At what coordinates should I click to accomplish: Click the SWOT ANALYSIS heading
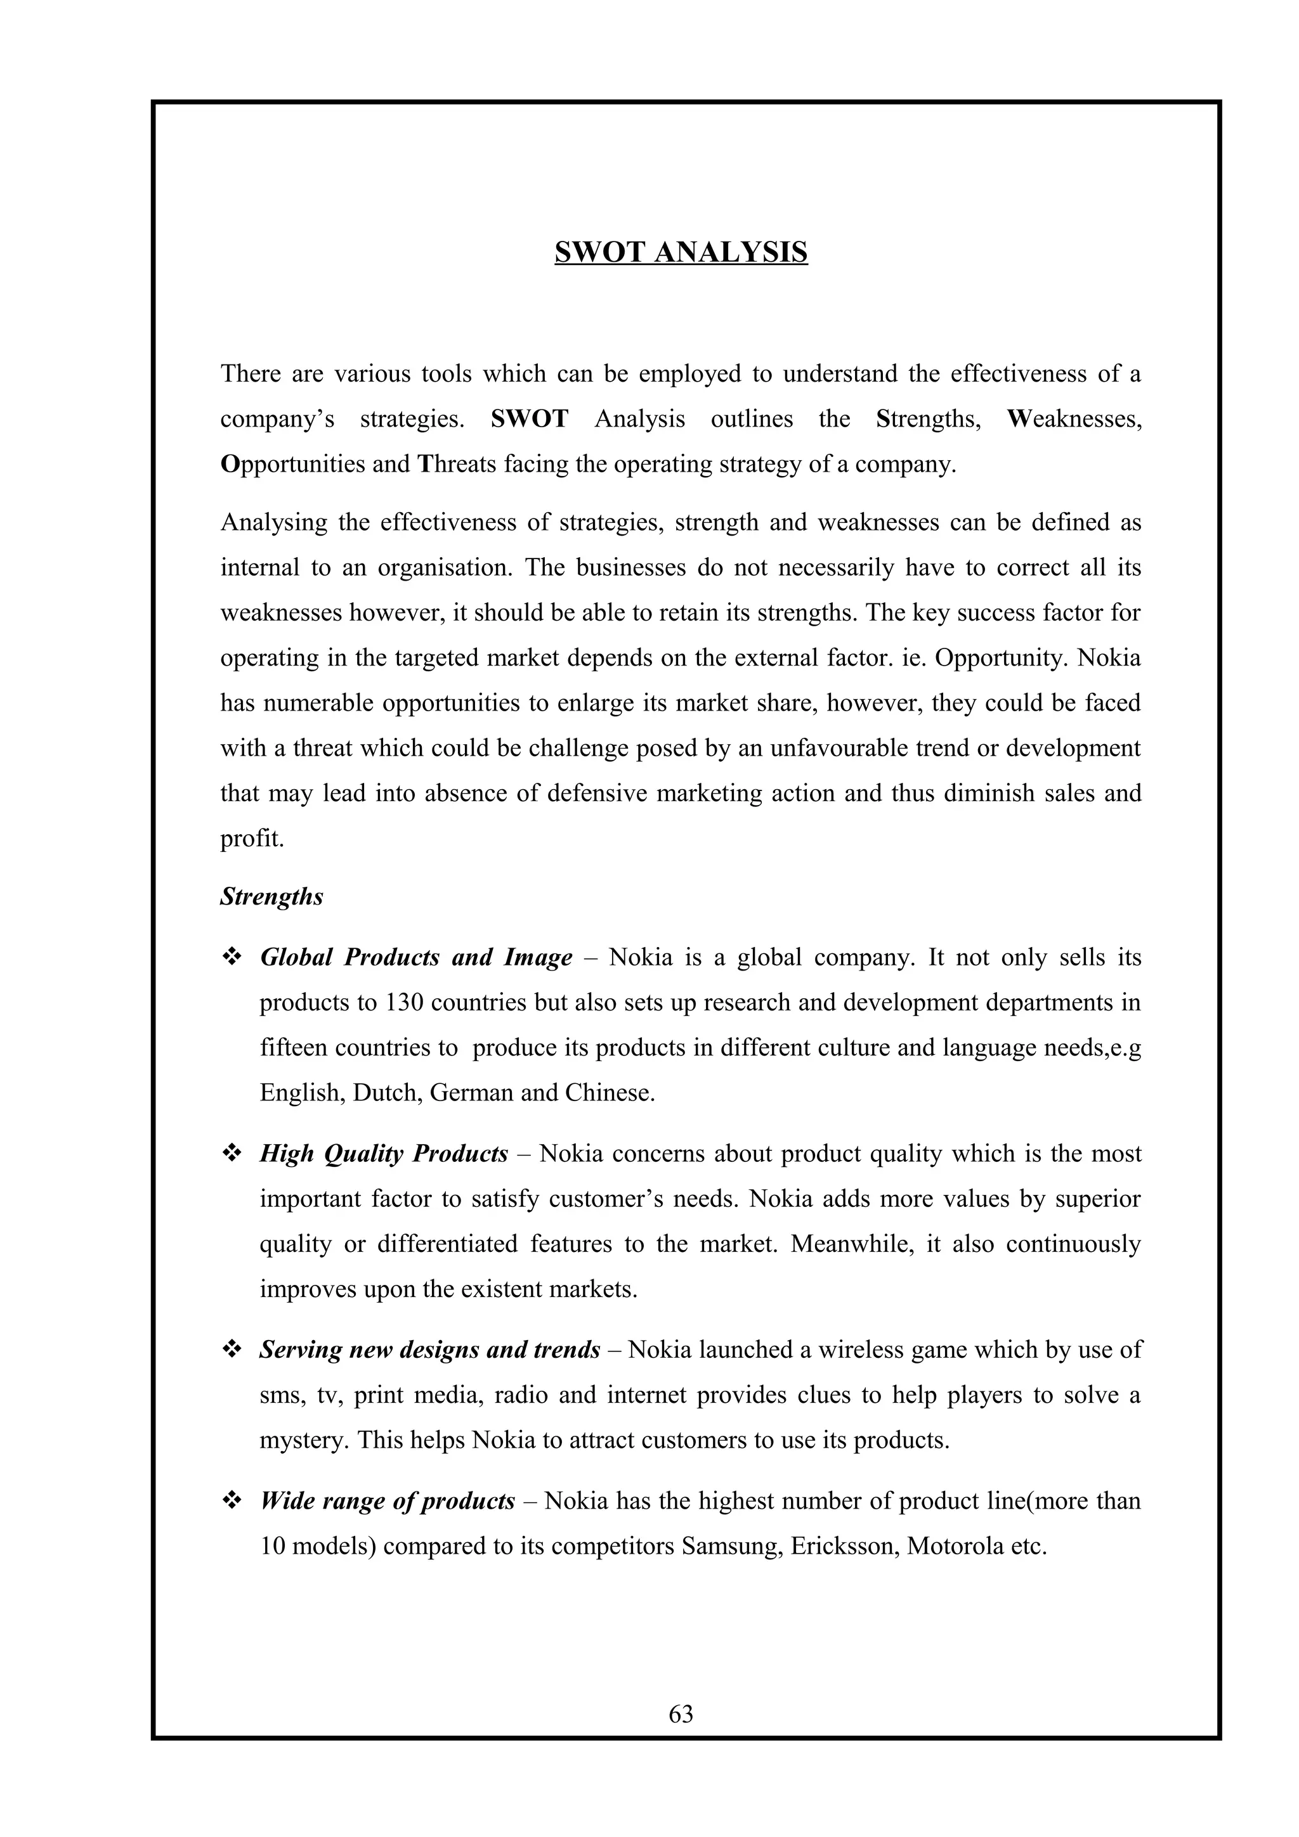(681, 252)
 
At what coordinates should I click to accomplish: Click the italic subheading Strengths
(271, 897)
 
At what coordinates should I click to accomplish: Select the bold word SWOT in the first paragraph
(529, 418)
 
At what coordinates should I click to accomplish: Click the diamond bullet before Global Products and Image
(232, 957)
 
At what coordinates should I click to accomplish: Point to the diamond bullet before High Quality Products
(232, 1154)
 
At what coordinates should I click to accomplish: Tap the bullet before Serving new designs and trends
(232, 1350)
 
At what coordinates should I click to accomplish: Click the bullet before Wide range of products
(232, 1501)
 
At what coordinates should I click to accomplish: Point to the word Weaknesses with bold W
(1073, 418)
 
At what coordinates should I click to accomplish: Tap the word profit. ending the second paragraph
(252, 839)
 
